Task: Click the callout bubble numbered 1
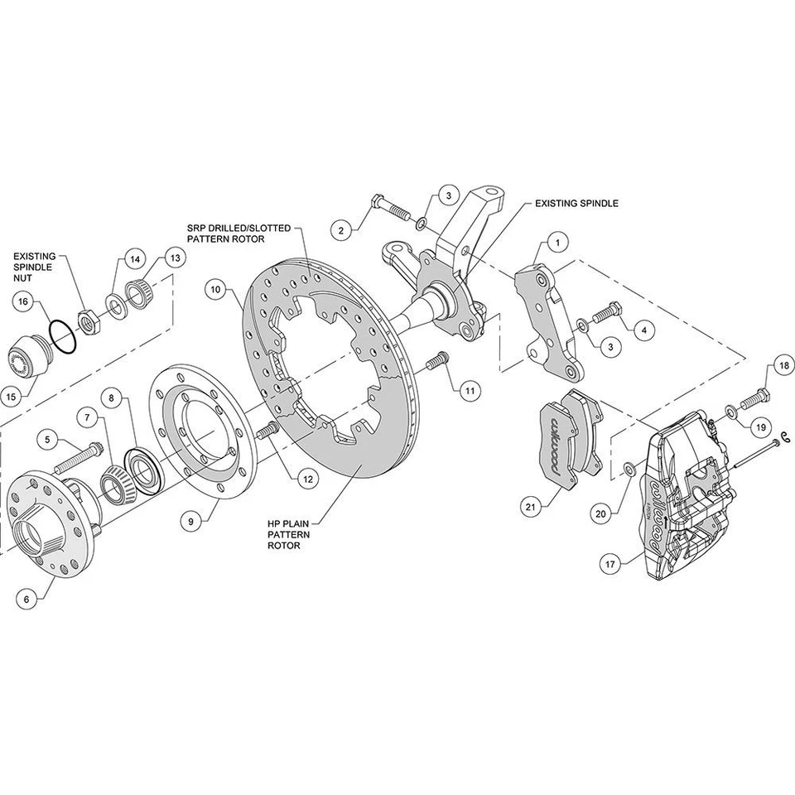(x=557, y=243)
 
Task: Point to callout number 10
(x=216, y=290)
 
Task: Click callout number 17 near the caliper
(x=610, y=565)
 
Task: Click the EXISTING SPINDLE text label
(x=576, y=202)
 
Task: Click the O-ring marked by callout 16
(x=60, y=338)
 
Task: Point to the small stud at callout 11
(x=439, y=360)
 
